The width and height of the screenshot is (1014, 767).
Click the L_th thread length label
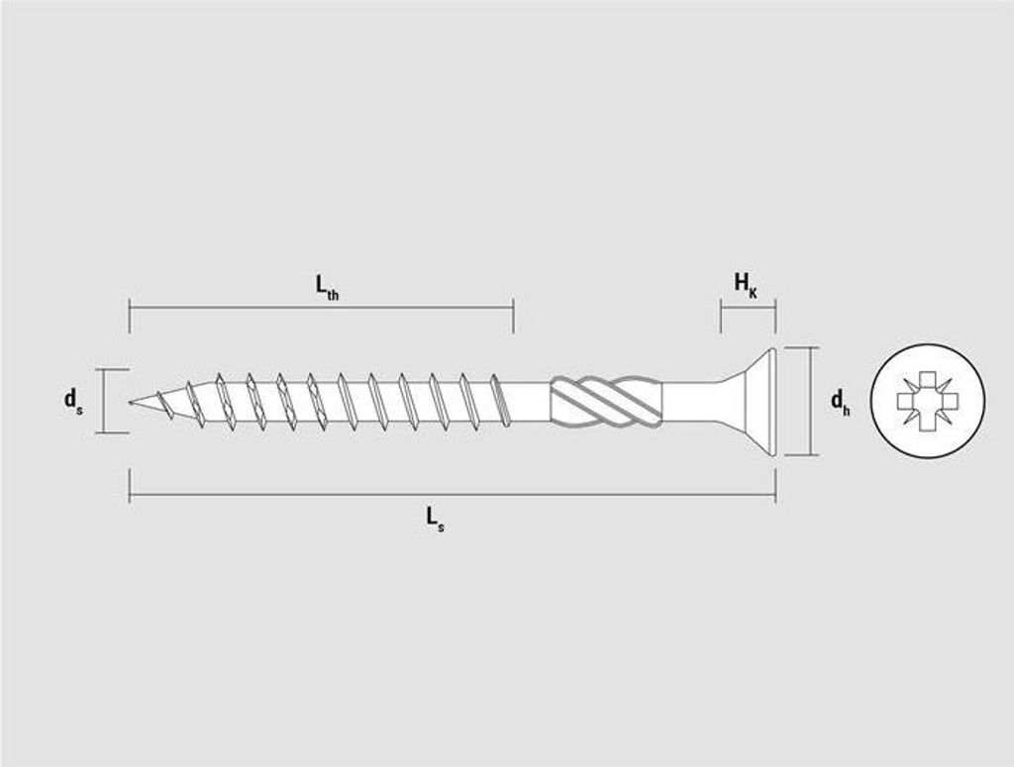coord(327,287)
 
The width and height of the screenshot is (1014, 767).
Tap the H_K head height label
coord(745,284)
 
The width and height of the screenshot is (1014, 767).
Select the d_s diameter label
coord(73,400)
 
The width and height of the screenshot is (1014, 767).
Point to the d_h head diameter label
coord(840,401)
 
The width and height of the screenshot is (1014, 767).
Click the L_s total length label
coord(435,519)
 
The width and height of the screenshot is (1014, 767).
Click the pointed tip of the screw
coord(130,403)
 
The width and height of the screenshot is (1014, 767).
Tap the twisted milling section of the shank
coord(606,401)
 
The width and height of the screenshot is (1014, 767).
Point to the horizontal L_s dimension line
coord(453,495)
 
